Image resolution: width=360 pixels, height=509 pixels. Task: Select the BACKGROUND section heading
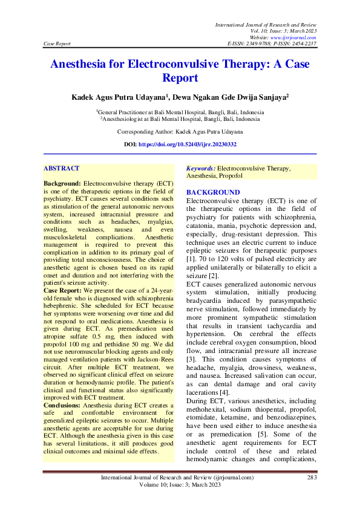(213, 192)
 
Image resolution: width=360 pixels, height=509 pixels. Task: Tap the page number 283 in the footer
(312, 478)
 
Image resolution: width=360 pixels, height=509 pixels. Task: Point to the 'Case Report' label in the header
(57, 44)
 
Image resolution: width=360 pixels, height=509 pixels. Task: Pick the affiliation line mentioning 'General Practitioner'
(180, 112)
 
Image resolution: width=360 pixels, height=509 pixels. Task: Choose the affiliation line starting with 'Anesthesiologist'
(180, 120)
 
